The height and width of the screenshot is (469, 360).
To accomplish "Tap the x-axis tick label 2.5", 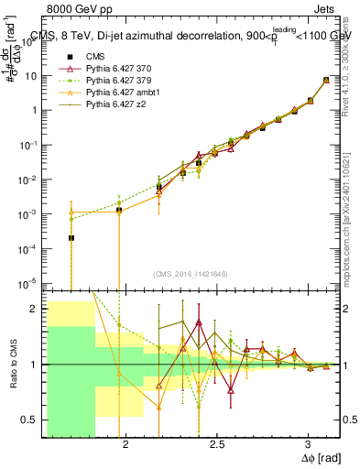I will coord(216,443).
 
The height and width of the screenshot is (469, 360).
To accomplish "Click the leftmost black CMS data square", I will coord(71,238).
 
